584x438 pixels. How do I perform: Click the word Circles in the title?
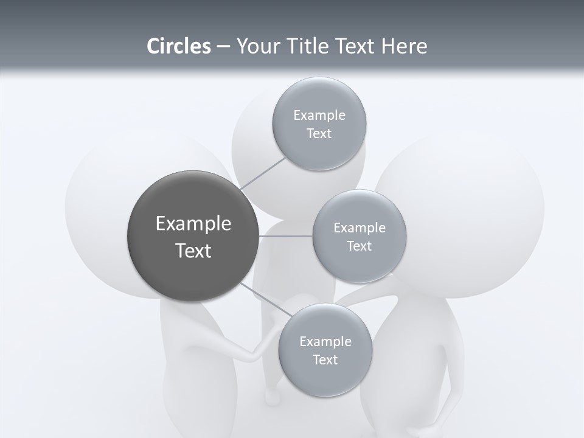click(178, 46)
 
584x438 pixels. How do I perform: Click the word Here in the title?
click(405, 46)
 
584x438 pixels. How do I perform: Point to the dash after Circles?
click(223, 47)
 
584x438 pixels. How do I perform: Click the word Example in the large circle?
click(193, 224)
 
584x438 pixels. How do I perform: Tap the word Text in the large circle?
click(193, 251)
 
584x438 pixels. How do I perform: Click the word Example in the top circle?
click(319, 116)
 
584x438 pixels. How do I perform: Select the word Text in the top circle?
click(319, 134)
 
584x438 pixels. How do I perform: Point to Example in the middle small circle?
click(360, 228)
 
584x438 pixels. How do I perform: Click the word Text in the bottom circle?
click(325, 360)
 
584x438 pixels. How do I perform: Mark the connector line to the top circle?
click(263, 174)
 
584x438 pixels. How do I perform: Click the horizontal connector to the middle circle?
click(286, 236)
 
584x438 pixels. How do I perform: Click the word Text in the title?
click(354, 46)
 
